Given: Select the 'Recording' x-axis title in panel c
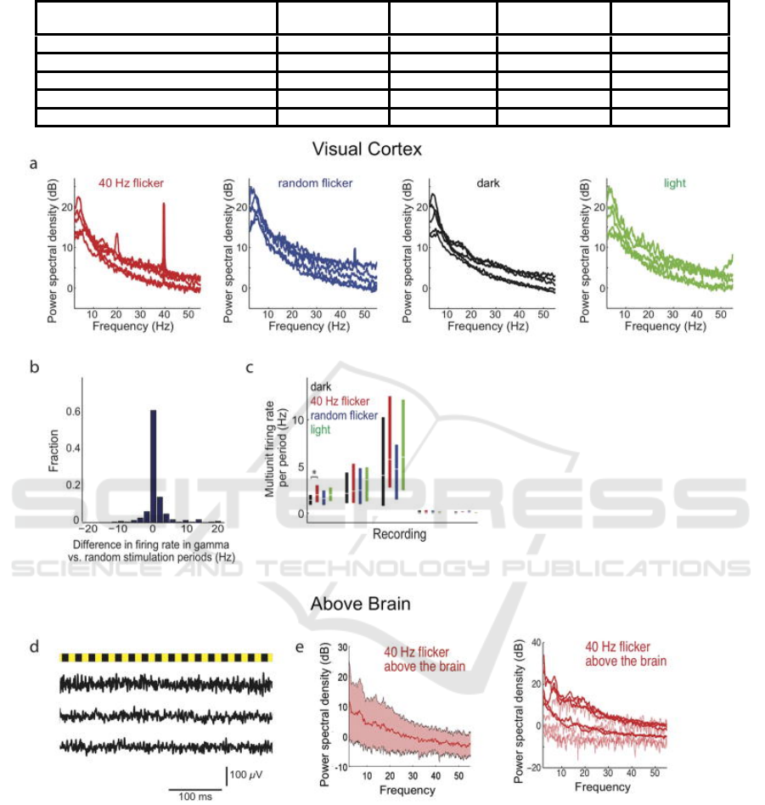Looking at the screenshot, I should point(399,535).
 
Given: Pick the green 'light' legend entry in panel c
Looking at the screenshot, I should point(322,431).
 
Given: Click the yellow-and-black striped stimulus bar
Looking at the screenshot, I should point(166,657).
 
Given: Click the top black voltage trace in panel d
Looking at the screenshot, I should point(166,684).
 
